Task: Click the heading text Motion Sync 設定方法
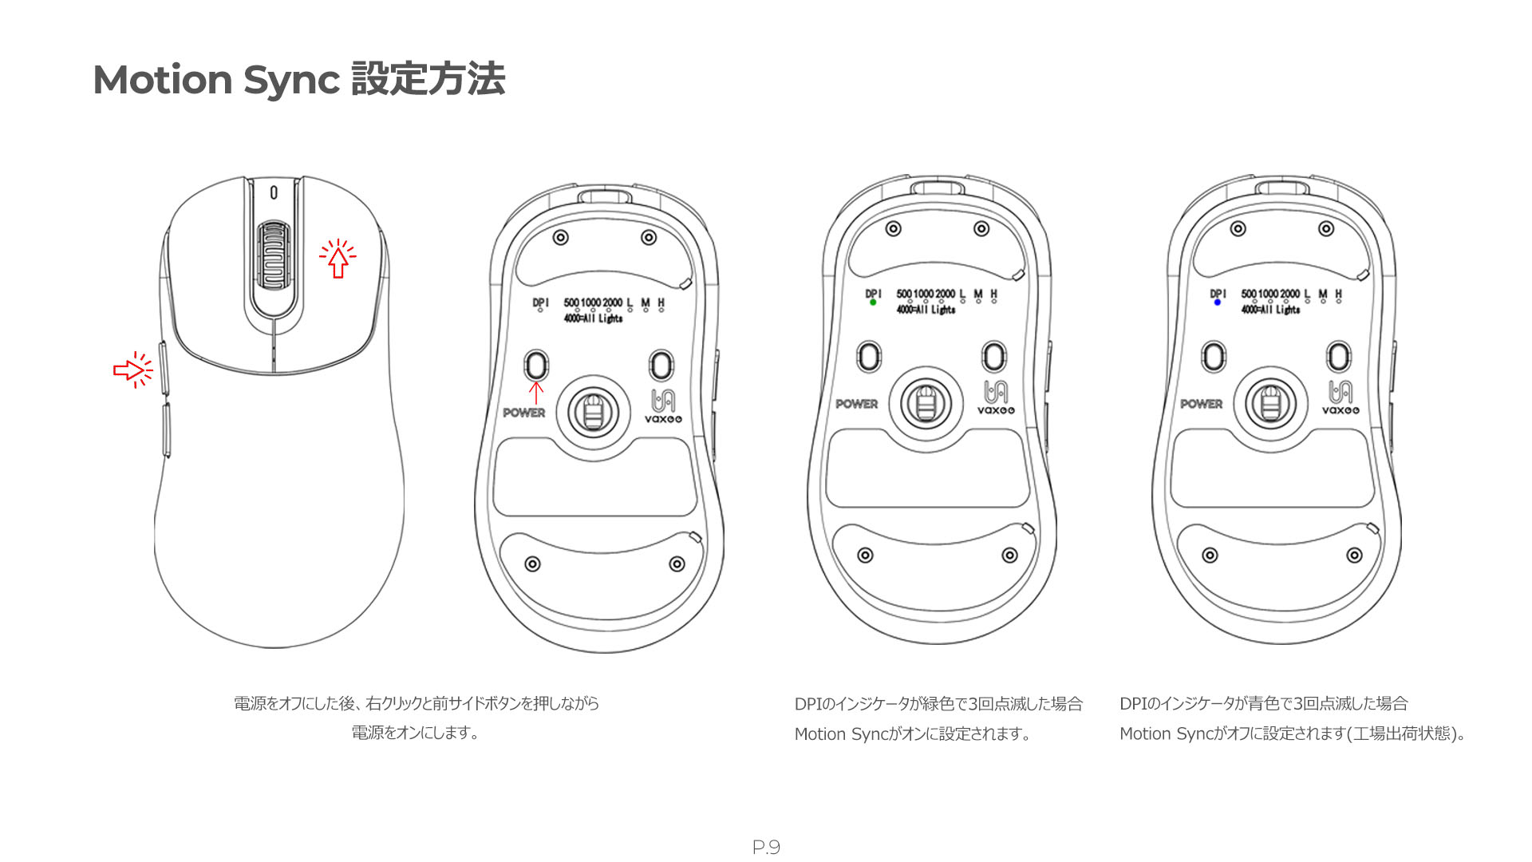point(299,80)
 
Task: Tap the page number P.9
point(766,848)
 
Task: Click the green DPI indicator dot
point(873,302)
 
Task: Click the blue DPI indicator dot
point(1218,302)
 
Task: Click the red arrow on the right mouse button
point(338,259)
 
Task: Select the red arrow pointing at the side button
point(132,370)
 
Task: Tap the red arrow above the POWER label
point(536,393)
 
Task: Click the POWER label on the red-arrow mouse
point(523,413)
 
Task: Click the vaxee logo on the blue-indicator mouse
point(1340,397)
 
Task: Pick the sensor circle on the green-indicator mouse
point(926,403)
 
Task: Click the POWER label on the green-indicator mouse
point(856,404)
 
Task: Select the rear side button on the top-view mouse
point(166,430)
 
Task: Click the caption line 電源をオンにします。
point(415,733)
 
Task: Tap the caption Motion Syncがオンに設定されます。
point(912,734)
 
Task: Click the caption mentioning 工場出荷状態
point(1293,734)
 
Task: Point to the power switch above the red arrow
point(536,365)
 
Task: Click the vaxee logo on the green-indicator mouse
point(996,397)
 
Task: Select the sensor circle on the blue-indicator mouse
point(1271,403)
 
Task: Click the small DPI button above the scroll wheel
point(274,192)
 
